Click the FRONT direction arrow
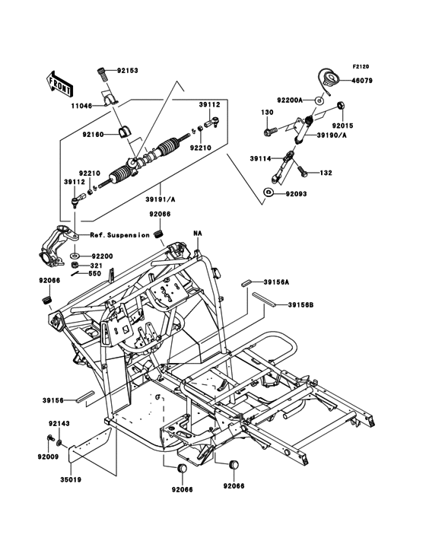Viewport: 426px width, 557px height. point(59,83)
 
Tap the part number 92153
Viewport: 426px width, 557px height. point(128,71)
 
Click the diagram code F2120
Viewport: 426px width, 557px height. point(361,66)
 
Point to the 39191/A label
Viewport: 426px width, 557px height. point(160,199)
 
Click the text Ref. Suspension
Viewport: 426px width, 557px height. point(119,235)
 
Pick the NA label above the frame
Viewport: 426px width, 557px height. point(197,234)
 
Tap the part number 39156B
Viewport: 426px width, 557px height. point(300,305)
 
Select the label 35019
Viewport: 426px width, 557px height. point(71,479)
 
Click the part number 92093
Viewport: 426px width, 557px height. point(296,194)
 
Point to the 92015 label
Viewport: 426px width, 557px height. point(342,126)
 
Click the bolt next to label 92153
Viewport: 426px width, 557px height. point(102,75)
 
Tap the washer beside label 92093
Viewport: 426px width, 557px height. point(268,193)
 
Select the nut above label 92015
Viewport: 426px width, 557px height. point(342,105)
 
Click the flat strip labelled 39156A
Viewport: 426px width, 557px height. point(246,284)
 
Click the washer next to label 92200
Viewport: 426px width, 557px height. point(75,256)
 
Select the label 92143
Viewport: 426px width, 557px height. point(59,423)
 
